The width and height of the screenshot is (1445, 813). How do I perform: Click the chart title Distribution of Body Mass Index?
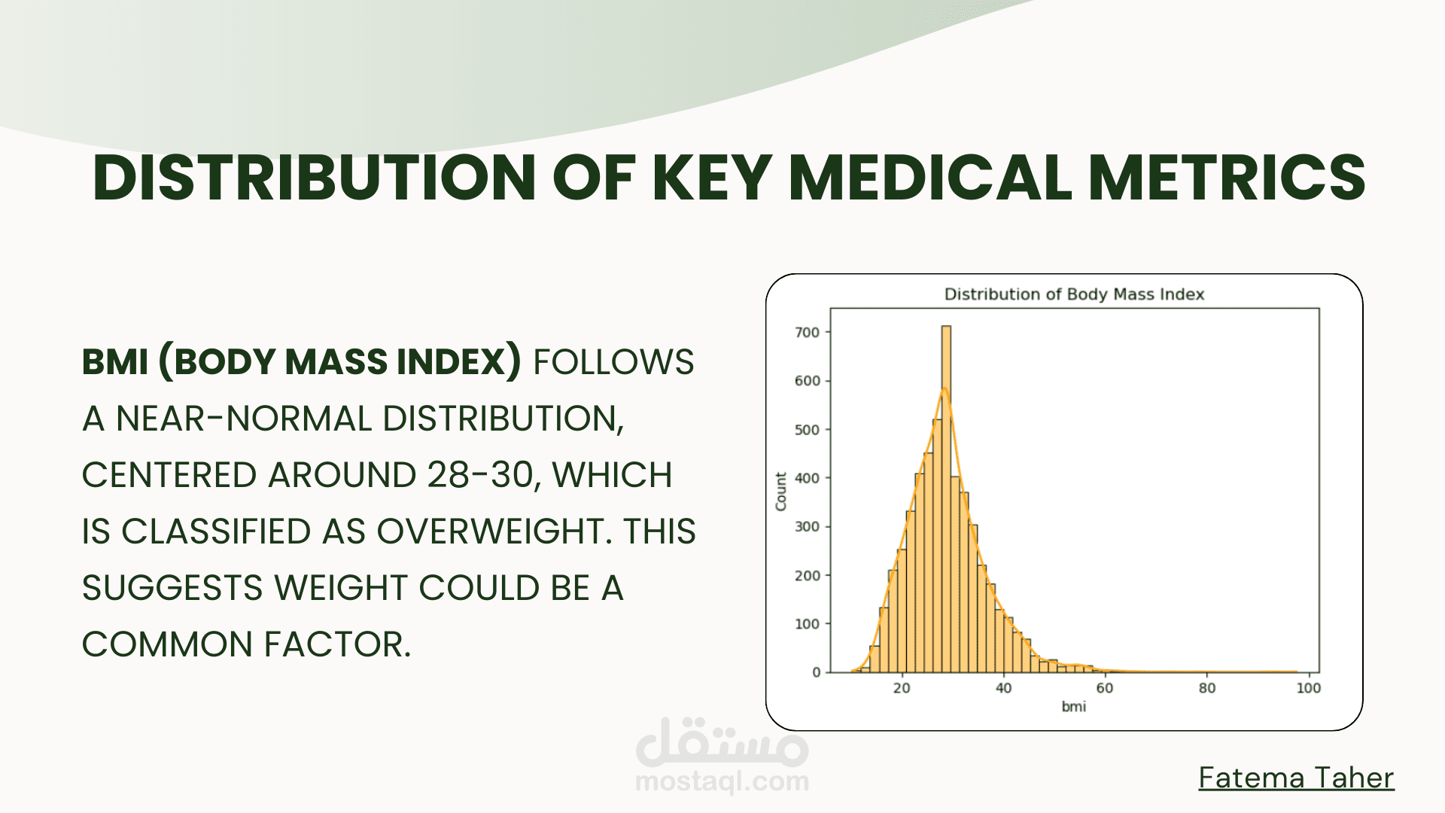[x=1074, y=294]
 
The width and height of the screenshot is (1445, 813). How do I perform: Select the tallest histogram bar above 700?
[x=946, y=499]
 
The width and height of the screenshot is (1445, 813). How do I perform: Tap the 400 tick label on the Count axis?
[x=808, y=478]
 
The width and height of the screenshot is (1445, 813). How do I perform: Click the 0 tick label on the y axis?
[x=816, y=672]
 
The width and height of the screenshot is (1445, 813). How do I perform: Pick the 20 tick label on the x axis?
[x=902, y=688]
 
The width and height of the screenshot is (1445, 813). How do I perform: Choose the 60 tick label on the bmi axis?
[x=1105, y=688]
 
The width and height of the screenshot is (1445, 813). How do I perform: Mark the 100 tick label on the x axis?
[x=1309, y=688]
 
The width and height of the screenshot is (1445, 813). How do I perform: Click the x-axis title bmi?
[x=1074, y=706]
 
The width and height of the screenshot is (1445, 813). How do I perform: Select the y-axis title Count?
[x=781, y=492]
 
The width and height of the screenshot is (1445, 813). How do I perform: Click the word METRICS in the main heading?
[x=1227, y=178]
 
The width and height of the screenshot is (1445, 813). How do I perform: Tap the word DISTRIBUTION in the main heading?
[x=315, y=178]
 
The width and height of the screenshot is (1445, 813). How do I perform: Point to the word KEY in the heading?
[x=712, y=178]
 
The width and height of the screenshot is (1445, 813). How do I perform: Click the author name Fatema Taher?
[x=1296, y=778]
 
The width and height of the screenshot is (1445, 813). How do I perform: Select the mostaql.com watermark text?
[x=722, y=781]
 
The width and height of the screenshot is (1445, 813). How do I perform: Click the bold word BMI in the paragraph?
[x=115, y=362]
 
